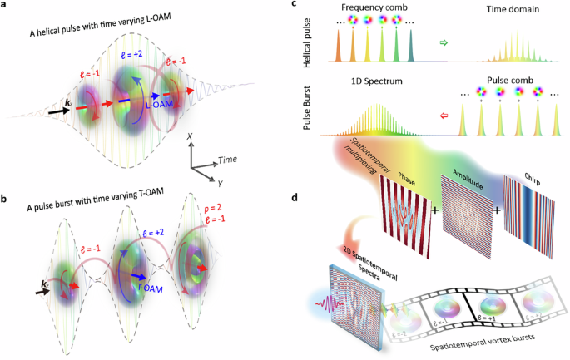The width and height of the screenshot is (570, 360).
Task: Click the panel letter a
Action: point(6,7)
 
